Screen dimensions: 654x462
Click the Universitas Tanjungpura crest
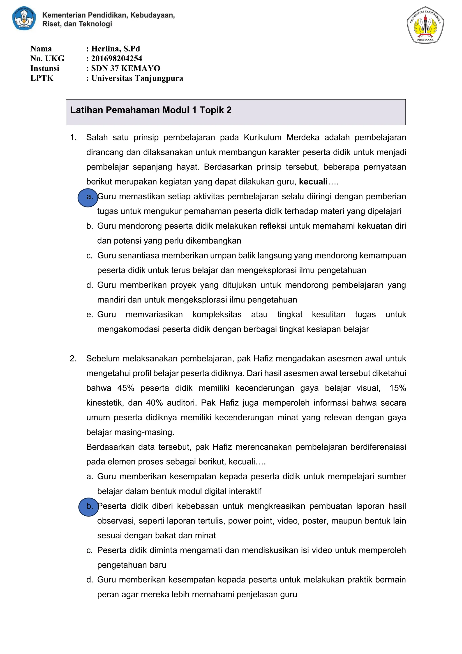click(425, 25)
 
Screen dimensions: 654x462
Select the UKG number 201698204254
click(116, 58)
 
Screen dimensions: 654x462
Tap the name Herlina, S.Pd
click(115, 49)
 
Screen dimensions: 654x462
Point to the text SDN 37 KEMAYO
click(125, 68)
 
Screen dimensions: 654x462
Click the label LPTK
click(42, 78)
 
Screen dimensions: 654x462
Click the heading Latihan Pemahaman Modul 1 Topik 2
click(151, 110)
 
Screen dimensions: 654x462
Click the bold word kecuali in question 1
click(313, 182)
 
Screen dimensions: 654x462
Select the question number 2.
click(73, 358)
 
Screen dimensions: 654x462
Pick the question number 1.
click(73, 137)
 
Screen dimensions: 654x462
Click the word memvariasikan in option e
click(154, 314)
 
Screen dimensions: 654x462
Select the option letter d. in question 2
click(90, 580)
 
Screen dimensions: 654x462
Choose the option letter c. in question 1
click(89, 256)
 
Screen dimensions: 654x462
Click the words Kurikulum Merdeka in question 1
click(262, 137)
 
